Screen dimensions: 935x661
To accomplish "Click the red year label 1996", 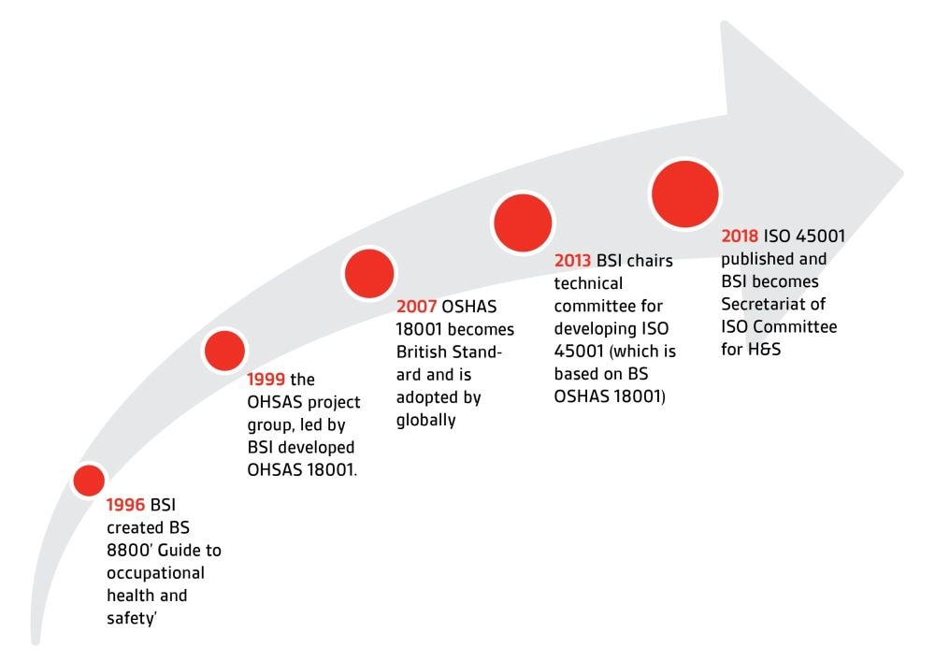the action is coord(126,505).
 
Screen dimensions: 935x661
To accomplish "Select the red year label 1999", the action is coord(266,379).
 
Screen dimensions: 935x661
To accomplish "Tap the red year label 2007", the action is coord(416,307).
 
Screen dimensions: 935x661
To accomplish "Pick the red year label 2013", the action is coord(572,261).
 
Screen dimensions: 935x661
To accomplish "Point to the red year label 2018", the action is coord(740,236).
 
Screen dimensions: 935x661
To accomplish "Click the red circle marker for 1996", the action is coord(89,481).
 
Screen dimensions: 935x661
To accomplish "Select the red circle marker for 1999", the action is coord(224,351).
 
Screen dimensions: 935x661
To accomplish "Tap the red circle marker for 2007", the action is coord(369,274).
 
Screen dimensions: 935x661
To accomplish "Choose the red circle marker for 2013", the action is coord(523,223).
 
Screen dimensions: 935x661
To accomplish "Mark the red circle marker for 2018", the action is coord(685,194).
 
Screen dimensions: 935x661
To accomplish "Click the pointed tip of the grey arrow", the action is coord(902,174).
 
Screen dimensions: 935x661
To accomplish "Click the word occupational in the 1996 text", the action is coord(155,573).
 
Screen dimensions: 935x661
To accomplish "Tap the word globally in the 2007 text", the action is coord(426,420).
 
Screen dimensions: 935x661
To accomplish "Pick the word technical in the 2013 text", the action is coord(588,283).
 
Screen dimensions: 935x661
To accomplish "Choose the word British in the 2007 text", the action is coord(422,352).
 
